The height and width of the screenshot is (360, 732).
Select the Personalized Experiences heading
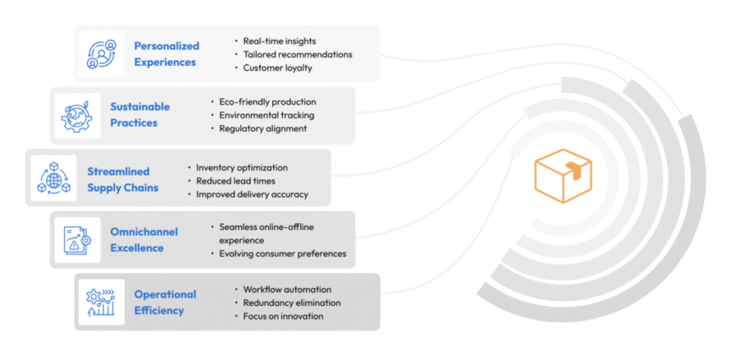pyautogui.click(x=166, y=53)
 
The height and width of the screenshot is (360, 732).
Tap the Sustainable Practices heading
pyautogui.click(x=140, y=115)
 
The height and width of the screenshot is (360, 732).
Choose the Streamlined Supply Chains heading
pyautogui.click(x=123, y=179)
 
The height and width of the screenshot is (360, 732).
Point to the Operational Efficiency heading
pyautogui.click(x=164, y=302)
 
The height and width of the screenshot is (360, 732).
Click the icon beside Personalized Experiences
pyautogui.click(x=103, y=53)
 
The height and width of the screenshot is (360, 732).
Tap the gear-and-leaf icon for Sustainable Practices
pyautogui.click(x=77, y=116)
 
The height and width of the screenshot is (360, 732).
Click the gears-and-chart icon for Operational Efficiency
pyautogui.click(x=102, y=302)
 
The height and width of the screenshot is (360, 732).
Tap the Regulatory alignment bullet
pyautogui.click(x=262, y=128)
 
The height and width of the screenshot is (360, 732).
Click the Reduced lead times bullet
pyautogui.click(x=235, y=181)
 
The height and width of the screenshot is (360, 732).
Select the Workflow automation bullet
pyautogui.click(x=287, y=289)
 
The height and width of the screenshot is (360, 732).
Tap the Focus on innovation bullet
pyautogui.click(x=284, y=316)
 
